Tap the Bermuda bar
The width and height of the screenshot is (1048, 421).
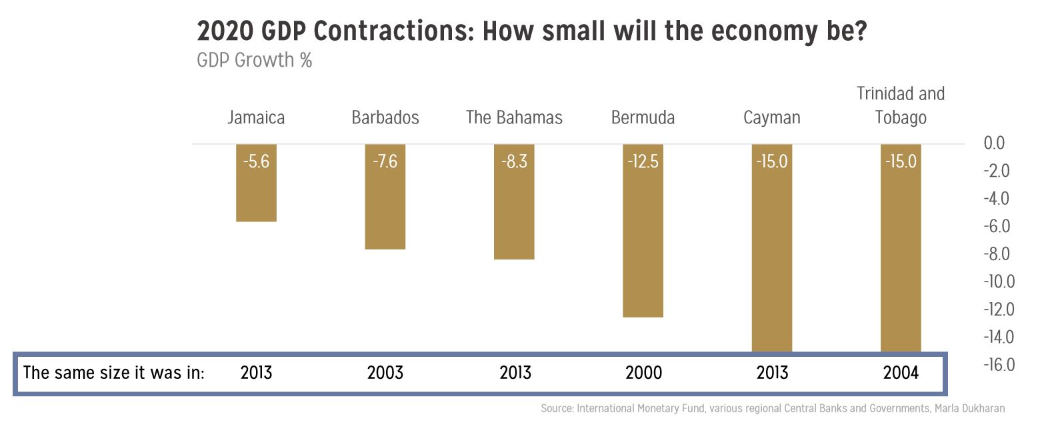tap(643, 240)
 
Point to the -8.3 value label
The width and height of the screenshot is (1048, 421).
tap(514, 161)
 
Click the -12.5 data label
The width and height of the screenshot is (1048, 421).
tap(643, 161)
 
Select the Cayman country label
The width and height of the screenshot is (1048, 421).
tap(771, 118)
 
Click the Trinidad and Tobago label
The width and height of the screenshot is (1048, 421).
tap(901, 105)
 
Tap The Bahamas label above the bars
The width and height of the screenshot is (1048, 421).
tap(514, 118)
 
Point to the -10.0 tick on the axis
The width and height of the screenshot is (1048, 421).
tap(999, 282)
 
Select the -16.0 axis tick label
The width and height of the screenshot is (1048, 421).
tap(999, 365)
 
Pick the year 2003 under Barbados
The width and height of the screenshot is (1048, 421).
tap(385, 372)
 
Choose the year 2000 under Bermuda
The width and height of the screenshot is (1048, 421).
tap(643, 372)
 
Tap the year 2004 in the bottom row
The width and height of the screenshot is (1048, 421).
tap(901, 372)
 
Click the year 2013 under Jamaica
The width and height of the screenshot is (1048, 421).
tap(256, 372)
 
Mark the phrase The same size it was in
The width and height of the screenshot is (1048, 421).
tap(113, 372)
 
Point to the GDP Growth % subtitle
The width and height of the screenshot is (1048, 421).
tap(254, 60)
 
